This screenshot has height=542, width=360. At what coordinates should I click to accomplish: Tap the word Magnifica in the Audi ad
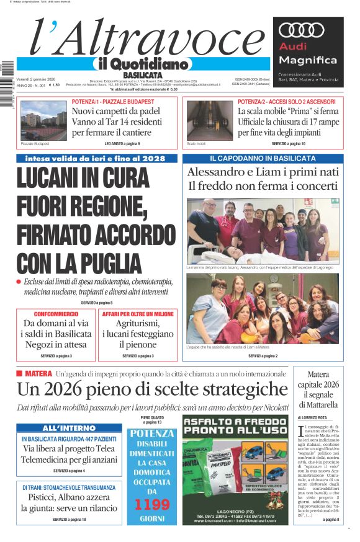pos(308,60)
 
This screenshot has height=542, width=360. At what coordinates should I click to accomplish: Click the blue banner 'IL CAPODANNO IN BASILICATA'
pos(263,159)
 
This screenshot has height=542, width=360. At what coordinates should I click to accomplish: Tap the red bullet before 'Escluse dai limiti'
pos(19,282)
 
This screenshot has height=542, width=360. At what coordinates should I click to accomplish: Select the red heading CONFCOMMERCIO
pos(56,314)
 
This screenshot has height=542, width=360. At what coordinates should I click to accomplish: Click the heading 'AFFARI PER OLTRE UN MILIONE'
pos(138,314)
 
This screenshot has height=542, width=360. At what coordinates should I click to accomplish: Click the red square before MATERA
pos(19,373)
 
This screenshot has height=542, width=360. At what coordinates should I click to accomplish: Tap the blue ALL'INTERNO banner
pos(61,429)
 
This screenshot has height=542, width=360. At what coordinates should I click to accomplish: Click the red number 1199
pos(152,504)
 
